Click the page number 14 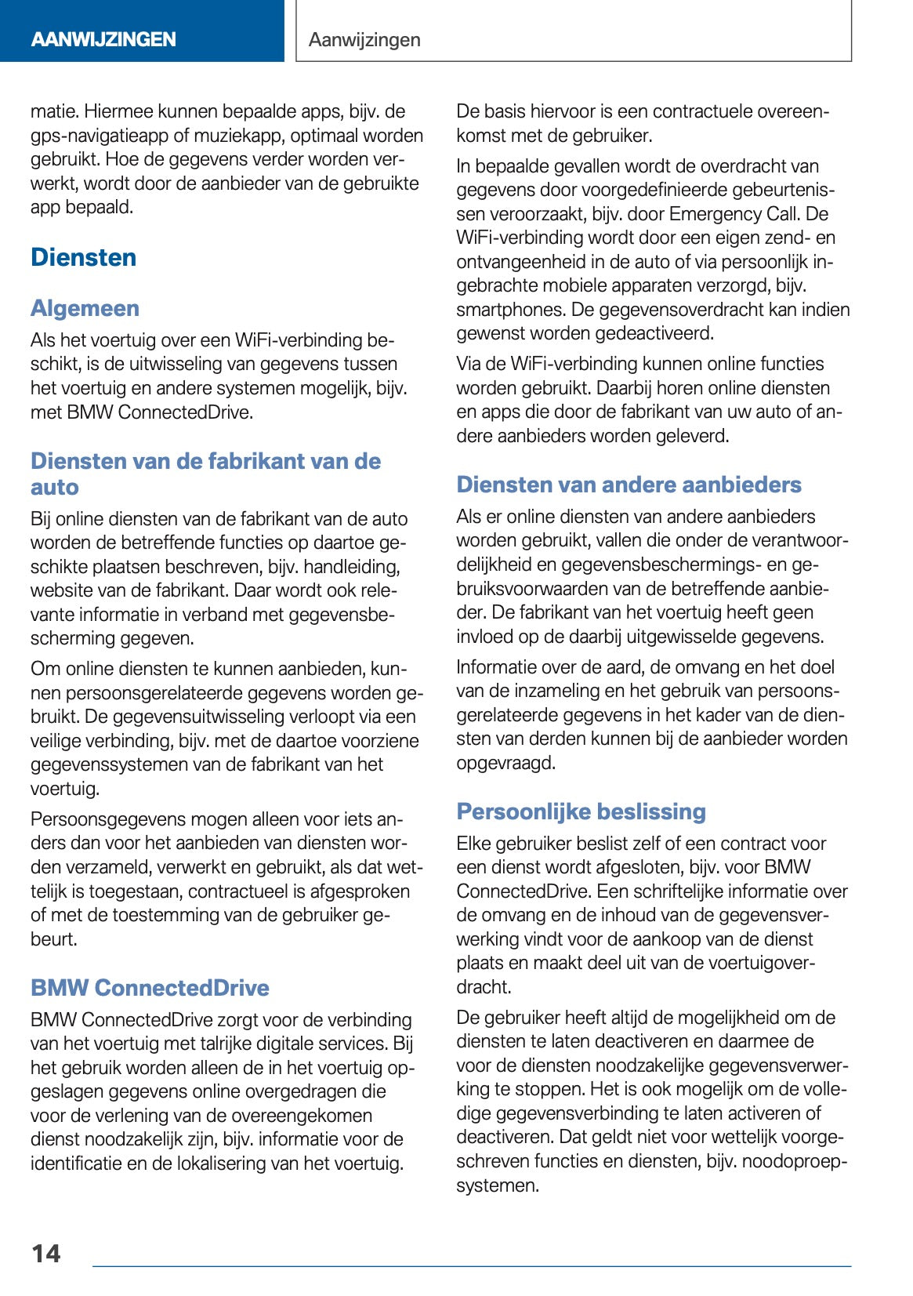[x=45, y=1253]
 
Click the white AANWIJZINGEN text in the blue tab [x=103, y=39]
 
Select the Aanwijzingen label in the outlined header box [x=364, y=39]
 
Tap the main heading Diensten [x=83, y=257]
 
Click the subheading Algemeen [x=85, y=308]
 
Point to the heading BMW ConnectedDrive [x=150, y=987]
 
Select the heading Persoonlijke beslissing [x=581, y=811]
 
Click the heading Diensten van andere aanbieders [x=629, y=484]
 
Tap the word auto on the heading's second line [x=54, y=487]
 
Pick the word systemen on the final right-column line [x=496, y=1185]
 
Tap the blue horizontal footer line [x=470, y=1265]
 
